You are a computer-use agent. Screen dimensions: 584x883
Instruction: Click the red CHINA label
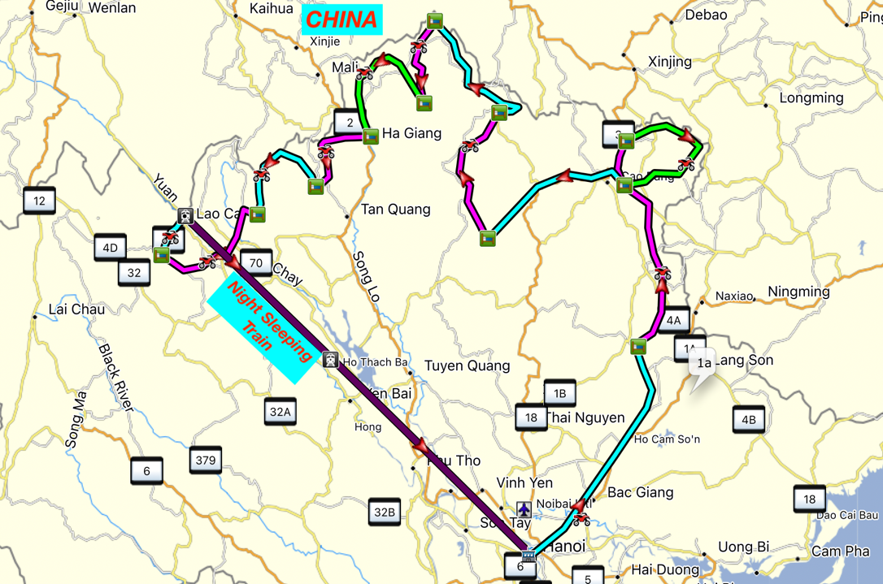pyautogui.click(x=341, y=19)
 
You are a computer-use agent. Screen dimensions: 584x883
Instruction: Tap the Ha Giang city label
pyautogui.click(x=411, y=133)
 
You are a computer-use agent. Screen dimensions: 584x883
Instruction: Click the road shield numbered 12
pyautogui.click(x=40, y=200)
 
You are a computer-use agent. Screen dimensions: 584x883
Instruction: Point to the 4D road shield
pyautogui.click(x=110, y=248)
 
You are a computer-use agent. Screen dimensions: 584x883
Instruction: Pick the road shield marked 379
pyautogui.click(x=206, y=461)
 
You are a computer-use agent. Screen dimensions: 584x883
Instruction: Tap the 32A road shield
pyautogui.click(x=280, y=412)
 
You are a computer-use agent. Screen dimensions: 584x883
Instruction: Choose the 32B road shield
pyautogui.click(x=384, y=512)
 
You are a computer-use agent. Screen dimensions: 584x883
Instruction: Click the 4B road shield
pyautogui.click(x=748, y=420)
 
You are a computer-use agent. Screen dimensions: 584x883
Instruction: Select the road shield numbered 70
pyautogui.click(x=256, y=262)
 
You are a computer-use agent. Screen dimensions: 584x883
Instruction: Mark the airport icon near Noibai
pyautogui.click(x=524, y=508)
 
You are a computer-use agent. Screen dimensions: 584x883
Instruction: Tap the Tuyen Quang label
pyautogui.click(x=467, y=366)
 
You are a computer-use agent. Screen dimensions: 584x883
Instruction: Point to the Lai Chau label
pyautogui.click(x=76, y=309)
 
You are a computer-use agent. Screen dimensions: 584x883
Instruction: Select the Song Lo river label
pyautogui.click(x=367, y=276)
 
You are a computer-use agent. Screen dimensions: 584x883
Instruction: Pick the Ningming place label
pyautogui.click(x=798, y=292)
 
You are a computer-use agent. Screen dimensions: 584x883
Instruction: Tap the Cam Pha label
pyautogui.click(x=840, y=552)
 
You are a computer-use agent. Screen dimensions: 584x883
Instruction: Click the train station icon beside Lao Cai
pyautogui.click(x=185, y=215)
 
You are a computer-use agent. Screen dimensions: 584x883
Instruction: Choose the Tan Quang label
pyautogui.click(x=395, y=210)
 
